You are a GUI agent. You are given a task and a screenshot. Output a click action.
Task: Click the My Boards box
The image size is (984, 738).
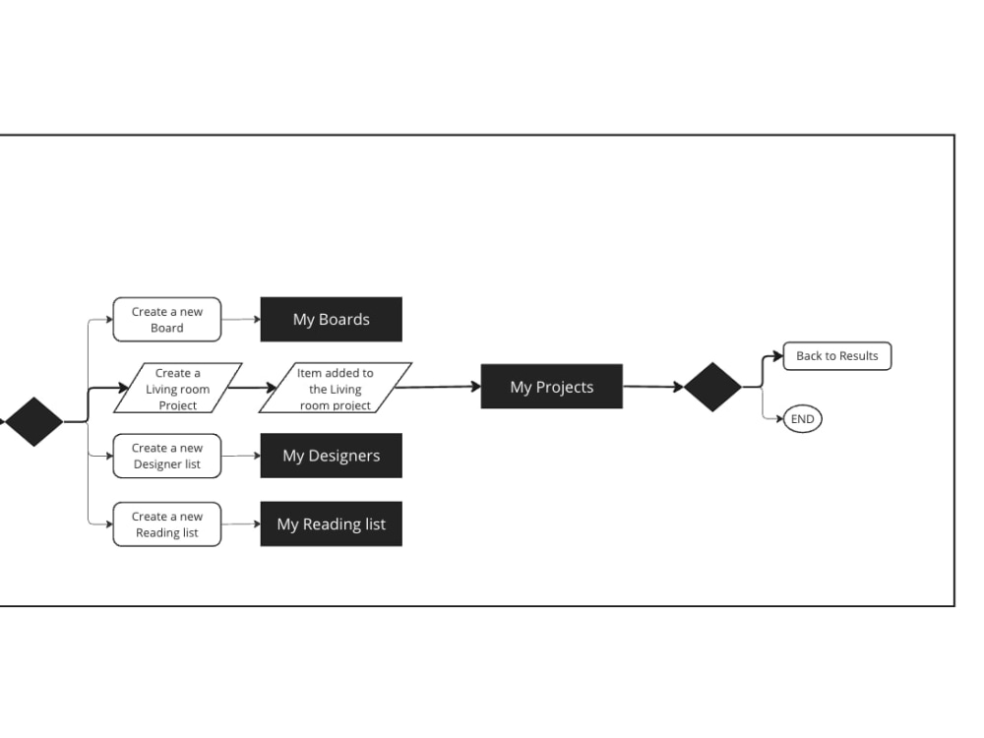click(x=332, y=320)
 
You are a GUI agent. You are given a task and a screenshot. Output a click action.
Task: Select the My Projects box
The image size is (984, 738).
click(x=552, y=387)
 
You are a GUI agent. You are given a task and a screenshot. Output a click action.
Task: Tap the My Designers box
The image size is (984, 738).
click(x=332, y=456)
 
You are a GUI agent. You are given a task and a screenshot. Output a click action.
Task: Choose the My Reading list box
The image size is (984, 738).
click(x=332, y=524)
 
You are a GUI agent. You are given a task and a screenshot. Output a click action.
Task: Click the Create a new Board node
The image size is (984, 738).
click(x=167, y=320)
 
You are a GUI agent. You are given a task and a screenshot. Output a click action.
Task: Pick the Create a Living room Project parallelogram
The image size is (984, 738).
click(x=177, y=388)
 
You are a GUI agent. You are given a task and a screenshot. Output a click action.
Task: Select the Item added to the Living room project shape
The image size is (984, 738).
click(x=336, y=388)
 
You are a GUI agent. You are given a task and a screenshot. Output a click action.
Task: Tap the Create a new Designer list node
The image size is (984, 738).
click(x=167, y=456)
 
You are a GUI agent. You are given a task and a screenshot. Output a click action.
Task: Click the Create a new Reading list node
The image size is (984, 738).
click(x=167, y=524)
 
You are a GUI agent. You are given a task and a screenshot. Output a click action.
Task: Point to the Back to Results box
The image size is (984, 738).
click(x=837, y=356)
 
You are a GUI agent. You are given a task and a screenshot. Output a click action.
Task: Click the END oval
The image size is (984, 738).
click(x=803, y=419)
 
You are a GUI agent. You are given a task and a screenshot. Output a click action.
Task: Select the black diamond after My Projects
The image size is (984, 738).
click(x=712, y=387)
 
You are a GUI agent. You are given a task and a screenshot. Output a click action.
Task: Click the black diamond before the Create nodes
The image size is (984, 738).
click(x=33, y=422)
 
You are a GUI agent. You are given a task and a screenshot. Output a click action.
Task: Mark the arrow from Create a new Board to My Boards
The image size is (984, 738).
click(x=241, y=320)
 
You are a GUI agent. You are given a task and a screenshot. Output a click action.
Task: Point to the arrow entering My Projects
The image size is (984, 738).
click(x=438, y=387)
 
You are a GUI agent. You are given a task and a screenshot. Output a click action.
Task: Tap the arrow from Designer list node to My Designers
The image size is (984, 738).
click(x=241, y=456)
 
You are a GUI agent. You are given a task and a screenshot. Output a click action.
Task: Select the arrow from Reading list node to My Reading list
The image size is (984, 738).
click(x=241, y=524)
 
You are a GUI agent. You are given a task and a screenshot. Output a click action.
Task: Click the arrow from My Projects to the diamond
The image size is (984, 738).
click(x=653, y=387)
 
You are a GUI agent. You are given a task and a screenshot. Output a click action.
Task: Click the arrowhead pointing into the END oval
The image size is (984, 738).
click(x=780, y=418)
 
